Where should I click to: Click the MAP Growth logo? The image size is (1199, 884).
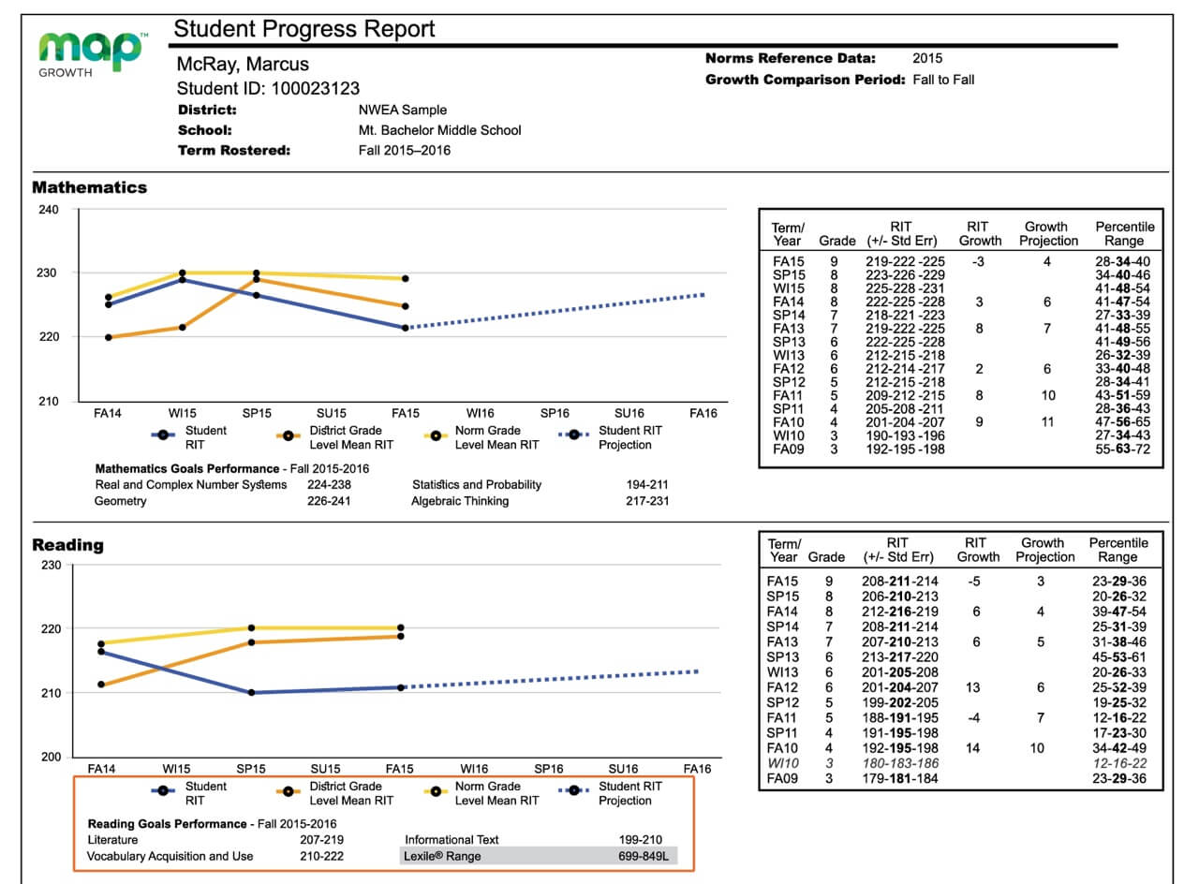tap(92, 54)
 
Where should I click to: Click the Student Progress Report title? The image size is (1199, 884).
tap(304, 29)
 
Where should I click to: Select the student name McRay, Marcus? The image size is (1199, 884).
tap(243, 65)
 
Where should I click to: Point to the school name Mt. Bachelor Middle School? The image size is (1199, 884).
tap(439, 130)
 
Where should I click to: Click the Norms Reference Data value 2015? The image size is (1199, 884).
tap(927, 58)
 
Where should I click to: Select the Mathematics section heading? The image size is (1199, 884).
tap(90, 187)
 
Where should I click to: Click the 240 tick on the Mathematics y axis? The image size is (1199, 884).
tap(49, 210)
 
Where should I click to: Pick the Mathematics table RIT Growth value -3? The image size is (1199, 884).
tap(978, 261)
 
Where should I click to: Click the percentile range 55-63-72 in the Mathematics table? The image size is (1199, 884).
tap(1124, 449)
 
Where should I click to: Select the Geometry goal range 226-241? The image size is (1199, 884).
tap(330, 501)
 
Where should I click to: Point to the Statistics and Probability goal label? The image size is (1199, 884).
tap(477, 485)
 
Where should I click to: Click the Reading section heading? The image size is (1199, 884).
tap(67, 545)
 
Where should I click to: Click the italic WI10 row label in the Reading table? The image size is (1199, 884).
tap(782, 764)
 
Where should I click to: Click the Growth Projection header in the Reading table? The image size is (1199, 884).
tap(1042, 550)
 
